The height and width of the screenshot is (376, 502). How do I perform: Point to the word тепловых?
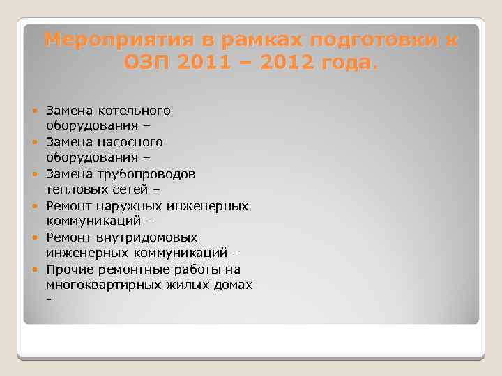click(x=73, y=189)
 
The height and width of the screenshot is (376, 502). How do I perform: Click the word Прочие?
click(x=67, y=269)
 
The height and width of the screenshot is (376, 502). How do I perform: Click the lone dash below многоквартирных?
click(x=48, y=300)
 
